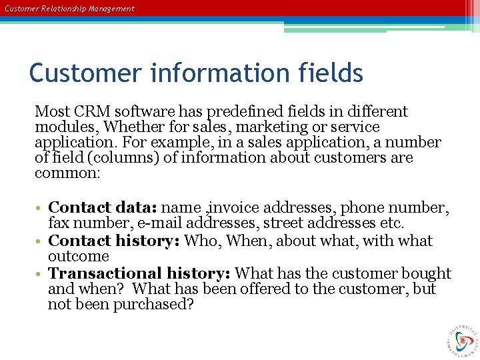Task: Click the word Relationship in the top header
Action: [69, 9]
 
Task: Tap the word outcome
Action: [79, 256]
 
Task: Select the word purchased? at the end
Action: [153, 304]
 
